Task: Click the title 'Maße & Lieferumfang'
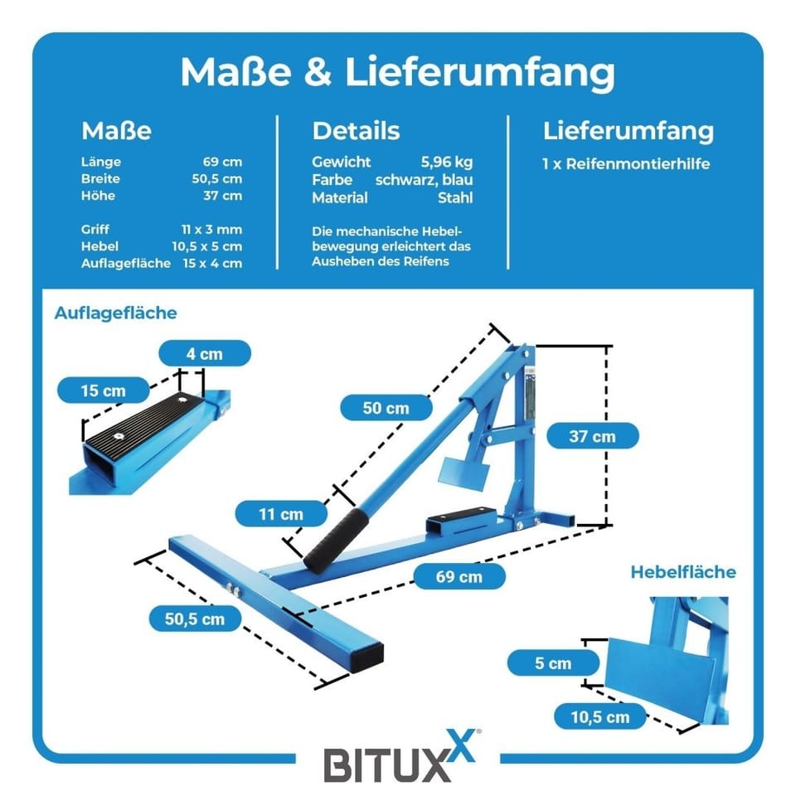[x=398, y=72]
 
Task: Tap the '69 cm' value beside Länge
[x=222, y=162]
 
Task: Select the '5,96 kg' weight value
[x=447, y=162]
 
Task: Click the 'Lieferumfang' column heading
[x=628, y=131]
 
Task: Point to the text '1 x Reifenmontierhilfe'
[x=625, y=164]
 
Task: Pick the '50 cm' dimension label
[x=386, y=408]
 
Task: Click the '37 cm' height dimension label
[x=592, y=435]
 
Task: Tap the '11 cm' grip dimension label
[x=280, y=514]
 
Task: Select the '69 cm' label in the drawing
[x=459, y=575]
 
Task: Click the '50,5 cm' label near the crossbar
[x=195, y=618]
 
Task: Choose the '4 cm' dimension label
[x=204, y=353]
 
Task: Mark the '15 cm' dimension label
[x=103, y=390]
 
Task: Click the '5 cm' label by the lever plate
[x=552, y=663]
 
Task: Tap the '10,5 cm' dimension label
[x=600, y=717]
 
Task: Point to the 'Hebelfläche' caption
[x=682, y=572]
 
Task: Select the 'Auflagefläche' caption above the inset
[x=115, y=313]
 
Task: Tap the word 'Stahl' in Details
[x=455, y=197]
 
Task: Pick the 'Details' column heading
[x=356, y=131]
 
